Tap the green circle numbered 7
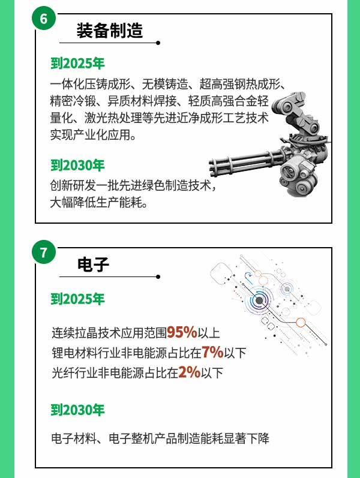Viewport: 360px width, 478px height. (44, 252)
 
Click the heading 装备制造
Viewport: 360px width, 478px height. (110, 31)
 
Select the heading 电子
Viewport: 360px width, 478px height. (93, 264)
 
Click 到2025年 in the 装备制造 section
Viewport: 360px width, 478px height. (77, 64)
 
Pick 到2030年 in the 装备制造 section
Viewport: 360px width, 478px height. (77, 165)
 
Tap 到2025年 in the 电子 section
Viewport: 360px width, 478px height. (77, 299)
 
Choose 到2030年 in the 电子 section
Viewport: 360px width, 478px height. (77, 410)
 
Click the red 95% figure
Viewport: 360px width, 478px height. (182, 332)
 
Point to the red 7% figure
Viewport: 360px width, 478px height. (212, 352)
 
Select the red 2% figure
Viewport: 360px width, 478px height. (190, 372)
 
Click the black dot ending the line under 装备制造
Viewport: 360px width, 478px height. (158, 43)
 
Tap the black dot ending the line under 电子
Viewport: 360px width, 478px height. (158, 277)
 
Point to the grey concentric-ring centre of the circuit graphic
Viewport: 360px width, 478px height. (259, 300)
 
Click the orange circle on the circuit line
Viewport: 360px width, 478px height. (301, 322)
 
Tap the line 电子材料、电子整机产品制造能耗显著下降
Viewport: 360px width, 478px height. (160, 438)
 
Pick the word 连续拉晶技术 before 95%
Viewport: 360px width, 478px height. (86, 333)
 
